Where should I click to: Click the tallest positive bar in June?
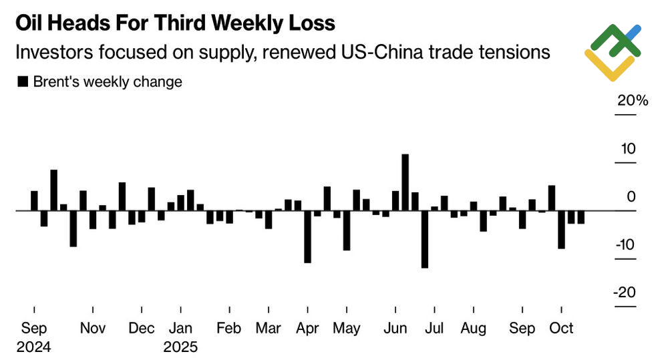[x=405, y=182]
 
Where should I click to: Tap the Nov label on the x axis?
[x=93, y=329]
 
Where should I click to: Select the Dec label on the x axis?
[x=142, y=329]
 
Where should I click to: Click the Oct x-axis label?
[x=561, y=329]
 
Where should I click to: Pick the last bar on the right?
[x=581, y=217]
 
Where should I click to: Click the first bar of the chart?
[x=34, y=200]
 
